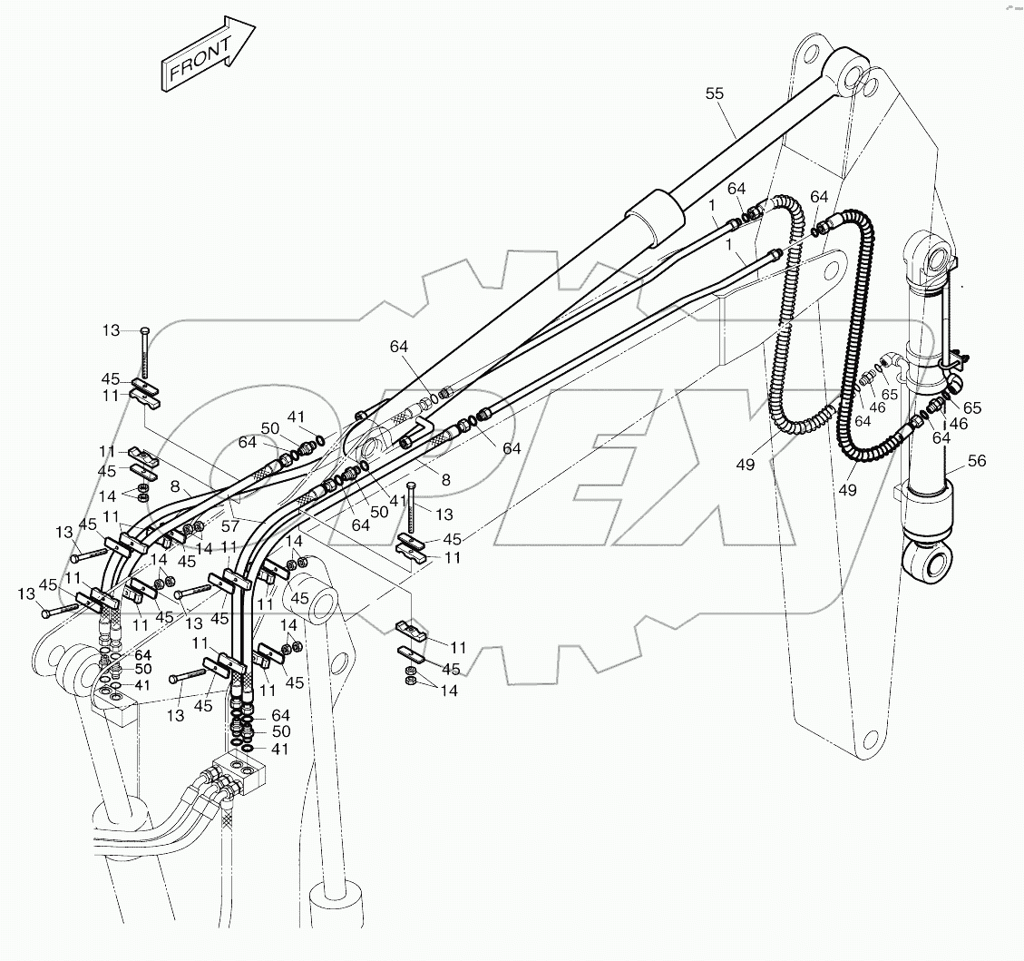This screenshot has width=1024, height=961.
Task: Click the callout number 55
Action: coord(717,93)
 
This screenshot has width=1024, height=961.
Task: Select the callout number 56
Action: coord(976,461)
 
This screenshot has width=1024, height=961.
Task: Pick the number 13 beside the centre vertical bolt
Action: coord(444,515)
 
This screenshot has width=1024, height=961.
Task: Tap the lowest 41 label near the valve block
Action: coord(280,750)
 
